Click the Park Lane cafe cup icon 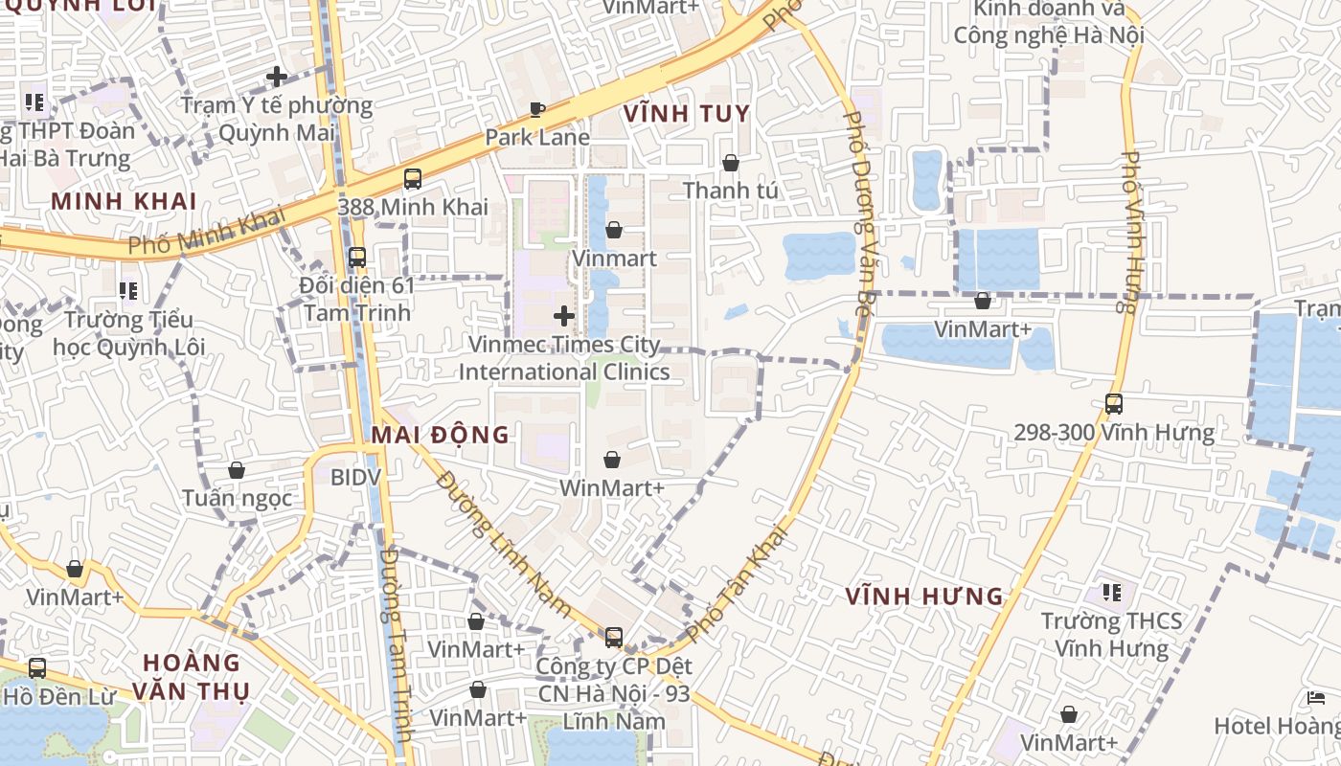tap(537, 109)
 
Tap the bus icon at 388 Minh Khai tap(413, 178)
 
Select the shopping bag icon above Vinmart tap(614, 230)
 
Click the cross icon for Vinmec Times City tap(564, 315)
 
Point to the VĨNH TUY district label tap(687, 114)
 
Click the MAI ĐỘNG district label tap(441, 435)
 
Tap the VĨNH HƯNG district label tap(924, 597)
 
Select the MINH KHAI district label tap(125, 201)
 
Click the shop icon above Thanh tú tap(731, 163)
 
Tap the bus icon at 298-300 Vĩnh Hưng tap(1113, 404)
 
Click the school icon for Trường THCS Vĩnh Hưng tap(1111, 593)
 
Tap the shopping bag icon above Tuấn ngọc tap(237, 470)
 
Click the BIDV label tap(356, 477)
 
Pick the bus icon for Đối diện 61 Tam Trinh tap(357, 257)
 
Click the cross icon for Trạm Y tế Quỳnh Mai tap(277, 76)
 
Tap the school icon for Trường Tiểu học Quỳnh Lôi tap(128, 290)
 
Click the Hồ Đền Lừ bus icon tap(37, 668)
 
